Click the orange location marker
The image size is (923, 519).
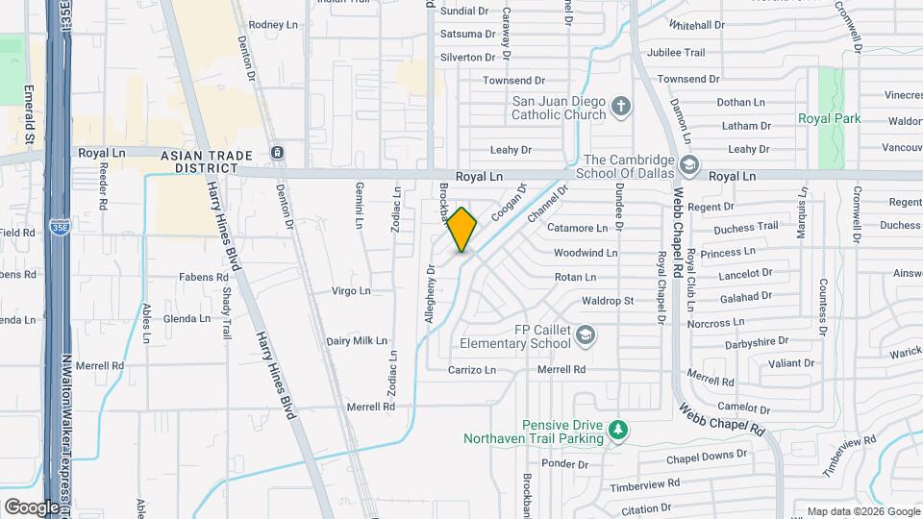click(x=461, y=230)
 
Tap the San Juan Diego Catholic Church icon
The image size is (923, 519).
click(x=621, y=106)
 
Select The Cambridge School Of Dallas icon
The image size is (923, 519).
click(x=688, y=165)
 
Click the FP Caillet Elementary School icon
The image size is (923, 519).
click(x=586, y=334)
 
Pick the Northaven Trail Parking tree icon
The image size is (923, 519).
click(x=620, y=429)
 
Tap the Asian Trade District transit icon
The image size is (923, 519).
click(x=277, y=153)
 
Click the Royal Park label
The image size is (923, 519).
click(x=829, y=118)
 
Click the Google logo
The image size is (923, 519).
click(x=31, y=507)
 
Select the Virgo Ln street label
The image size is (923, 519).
click(x=350, y=290)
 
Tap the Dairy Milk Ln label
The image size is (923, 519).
click(x=356, y=340)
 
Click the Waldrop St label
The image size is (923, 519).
click(x=608, y=300)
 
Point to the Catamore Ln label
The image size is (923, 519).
click(x=577, y=229)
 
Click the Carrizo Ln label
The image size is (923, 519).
click(x=471, y=369)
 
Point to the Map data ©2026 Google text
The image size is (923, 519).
click(x=862, y=511)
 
